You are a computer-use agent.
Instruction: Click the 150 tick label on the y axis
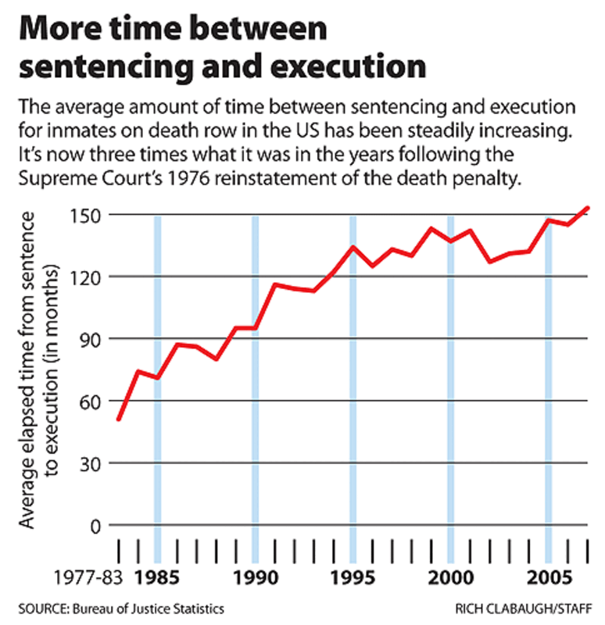[86, 215]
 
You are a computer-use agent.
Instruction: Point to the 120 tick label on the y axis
[86, 277]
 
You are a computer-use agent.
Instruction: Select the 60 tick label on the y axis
[91, 401]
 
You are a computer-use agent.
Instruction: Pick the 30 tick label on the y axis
[91, 463]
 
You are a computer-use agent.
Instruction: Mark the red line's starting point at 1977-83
[118, 420]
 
